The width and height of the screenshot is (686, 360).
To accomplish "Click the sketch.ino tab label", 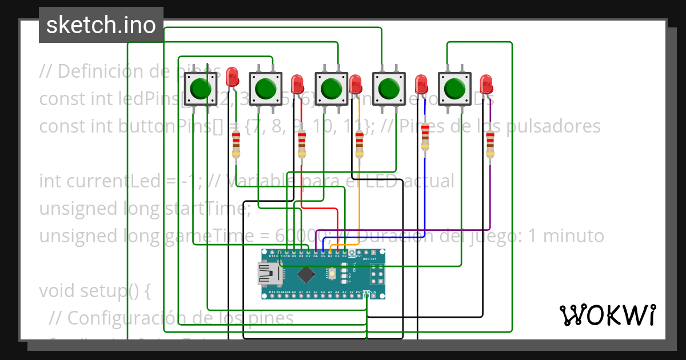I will point(101,25).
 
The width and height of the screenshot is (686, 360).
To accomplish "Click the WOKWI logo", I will point(607,315).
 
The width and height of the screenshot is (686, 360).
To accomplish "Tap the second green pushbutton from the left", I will point(266,89).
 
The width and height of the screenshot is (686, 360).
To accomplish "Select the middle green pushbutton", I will point(331,89).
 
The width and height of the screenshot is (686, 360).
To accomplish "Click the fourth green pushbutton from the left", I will point(389,89).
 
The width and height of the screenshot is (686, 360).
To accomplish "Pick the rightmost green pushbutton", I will point(454,89).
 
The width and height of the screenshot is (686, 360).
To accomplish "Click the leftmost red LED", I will point(232,77).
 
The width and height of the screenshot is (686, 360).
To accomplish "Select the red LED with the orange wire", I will point(356,85).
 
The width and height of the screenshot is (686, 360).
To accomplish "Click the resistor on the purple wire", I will point(490,144).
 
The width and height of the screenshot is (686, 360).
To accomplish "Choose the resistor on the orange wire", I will point(359,144).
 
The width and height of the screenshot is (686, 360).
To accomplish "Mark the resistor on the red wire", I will point(302,144).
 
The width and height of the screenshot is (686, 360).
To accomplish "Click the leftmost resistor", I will point(237,144).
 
